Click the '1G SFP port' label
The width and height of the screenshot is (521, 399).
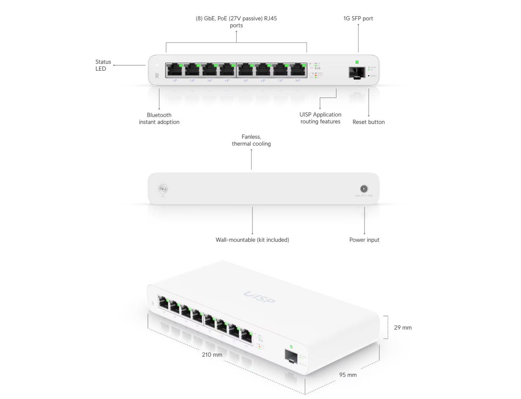click(x=358, y=19)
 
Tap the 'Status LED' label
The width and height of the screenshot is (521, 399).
click(x=103, y=65)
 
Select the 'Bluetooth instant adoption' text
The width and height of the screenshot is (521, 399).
click(x=159, y=119)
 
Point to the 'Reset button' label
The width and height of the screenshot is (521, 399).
click(x=368, y=122)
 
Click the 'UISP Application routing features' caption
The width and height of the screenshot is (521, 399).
click(x=320, y=118)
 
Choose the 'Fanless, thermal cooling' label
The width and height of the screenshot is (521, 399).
click(x=251, y=140)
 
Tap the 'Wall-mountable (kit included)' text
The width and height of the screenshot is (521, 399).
click(x=252, y=240)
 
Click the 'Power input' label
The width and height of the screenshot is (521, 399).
click(x=364, y=240)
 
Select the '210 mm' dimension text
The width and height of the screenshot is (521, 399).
click(x=212, y=355)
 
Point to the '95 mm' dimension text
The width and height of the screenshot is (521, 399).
click(x=348, y=375)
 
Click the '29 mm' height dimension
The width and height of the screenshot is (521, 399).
click(x=403, y=327)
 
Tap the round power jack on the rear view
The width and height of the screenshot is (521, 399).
click(x=363, y=189)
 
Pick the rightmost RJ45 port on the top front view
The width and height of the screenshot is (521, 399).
click(x=298, y=70)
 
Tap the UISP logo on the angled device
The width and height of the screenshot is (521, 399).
click(x=260, y=297)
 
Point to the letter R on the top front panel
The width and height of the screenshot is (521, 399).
click(x=157, y=76)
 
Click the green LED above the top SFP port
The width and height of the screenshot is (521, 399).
click(x=357, y=62)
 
